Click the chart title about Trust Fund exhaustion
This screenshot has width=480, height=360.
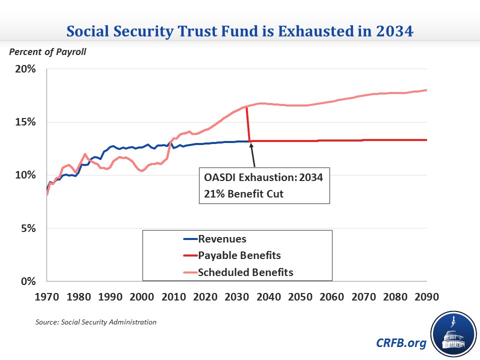[x=240, y=31]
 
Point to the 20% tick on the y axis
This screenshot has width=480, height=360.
[x=25, y=69]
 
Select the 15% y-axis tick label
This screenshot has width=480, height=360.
[x=25, y=122]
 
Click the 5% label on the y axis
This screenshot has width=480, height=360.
[x=28, y=228]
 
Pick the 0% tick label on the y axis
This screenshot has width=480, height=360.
[x=28, y=281]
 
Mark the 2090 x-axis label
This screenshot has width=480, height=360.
[x=426, y=297]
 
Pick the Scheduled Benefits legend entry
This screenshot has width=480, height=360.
[x=245, y=272]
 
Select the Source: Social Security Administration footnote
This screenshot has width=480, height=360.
[x=96, y=322]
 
